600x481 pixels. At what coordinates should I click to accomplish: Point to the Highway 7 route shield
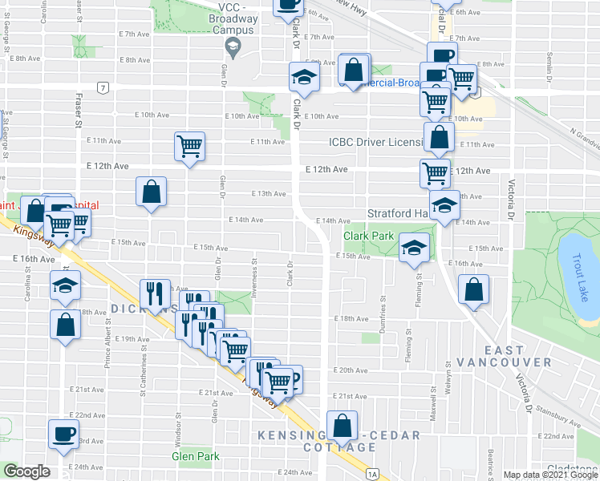tap(103, 87)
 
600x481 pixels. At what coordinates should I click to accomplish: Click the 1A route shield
tap(371, 475)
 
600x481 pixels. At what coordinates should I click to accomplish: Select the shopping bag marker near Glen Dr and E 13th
tap(151, 192)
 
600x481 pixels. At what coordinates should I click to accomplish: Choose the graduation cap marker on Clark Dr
tap(304, 78)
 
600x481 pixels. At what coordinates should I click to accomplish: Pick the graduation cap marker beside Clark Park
tap(414, 248)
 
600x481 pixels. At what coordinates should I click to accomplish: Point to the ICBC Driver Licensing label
tap(376, 143)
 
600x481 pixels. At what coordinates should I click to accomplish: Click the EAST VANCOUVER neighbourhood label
tap(517, 356)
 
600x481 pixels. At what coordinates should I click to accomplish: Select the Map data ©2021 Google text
tap(550, 475)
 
